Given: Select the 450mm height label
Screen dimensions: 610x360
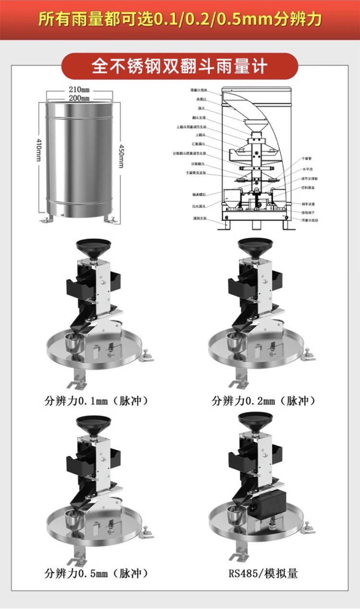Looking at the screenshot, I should [121, 157].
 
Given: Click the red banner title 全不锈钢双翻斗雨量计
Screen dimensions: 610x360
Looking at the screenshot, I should [180, 66].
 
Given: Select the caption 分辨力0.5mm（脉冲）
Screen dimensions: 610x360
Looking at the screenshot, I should [96, 573].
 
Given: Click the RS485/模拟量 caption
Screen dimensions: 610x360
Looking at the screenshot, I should [263, 573].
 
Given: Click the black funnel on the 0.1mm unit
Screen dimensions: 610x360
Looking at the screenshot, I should [94, 247].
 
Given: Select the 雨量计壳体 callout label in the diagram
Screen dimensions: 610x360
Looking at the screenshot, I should [198, 90].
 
